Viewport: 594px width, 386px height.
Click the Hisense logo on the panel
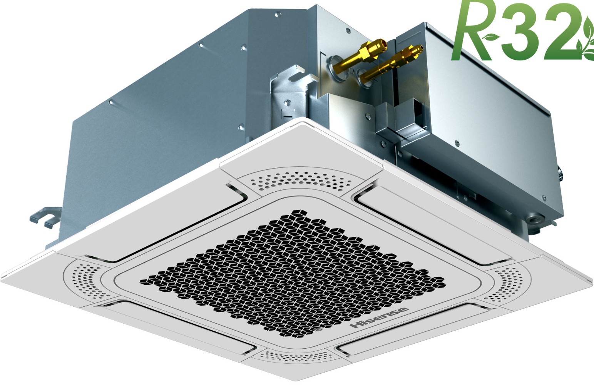pos(379,317)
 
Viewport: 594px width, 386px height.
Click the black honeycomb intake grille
pos(292,273)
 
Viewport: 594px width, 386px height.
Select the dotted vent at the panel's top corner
pos(301,181)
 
